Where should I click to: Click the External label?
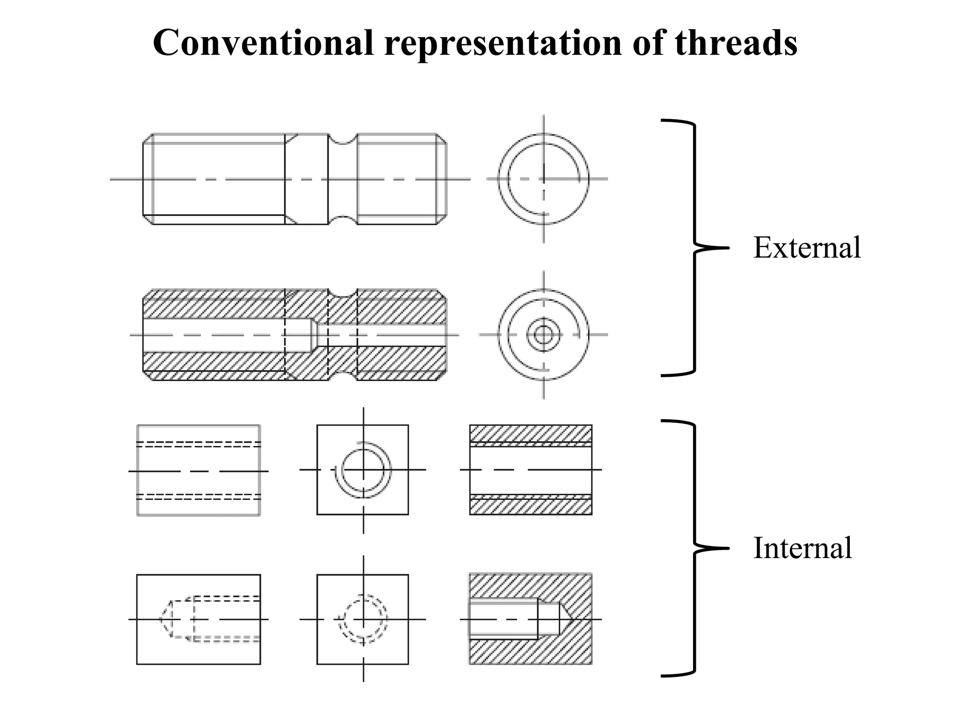807,247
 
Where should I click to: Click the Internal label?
802,548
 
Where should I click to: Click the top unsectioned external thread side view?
295,179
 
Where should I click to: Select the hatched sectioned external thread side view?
295,335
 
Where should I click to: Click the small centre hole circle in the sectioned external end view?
543,335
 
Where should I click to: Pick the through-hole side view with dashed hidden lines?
198,470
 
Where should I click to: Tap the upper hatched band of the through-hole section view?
531,433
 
